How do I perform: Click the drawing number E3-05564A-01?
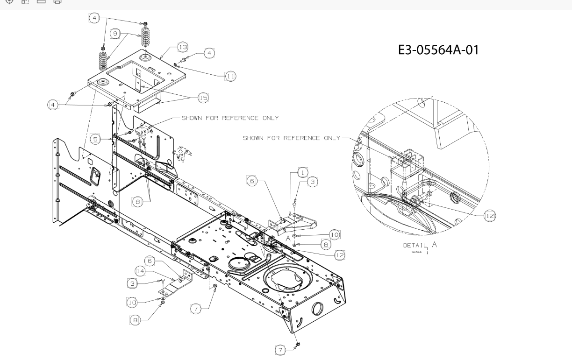pos(438,50)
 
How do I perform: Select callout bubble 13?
pos(183,47)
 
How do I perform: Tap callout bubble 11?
pos(230,76)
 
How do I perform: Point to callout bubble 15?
pos(203,98)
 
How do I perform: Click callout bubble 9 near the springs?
pos(115,34)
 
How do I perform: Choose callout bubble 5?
pos(95,139)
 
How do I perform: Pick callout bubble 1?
pos(303,172)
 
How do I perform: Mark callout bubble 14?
pos(141,271)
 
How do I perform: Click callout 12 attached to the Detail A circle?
pos(490,216)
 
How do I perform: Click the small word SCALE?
pos(416,252)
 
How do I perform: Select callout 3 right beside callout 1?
pos(313,182)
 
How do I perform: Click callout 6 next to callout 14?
pos(150,261)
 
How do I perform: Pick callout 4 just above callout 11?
pos(209,53)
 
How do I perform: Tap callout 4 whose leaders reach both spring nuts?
pos(94,18)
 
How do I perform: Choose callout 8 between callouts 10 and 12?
pos(326,244)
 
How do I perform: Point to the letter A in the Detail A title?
pos(434,245)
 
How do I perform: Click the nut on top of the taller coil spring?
pos(145,24)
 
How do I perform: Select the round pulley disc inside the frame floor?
pos(239,263)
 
